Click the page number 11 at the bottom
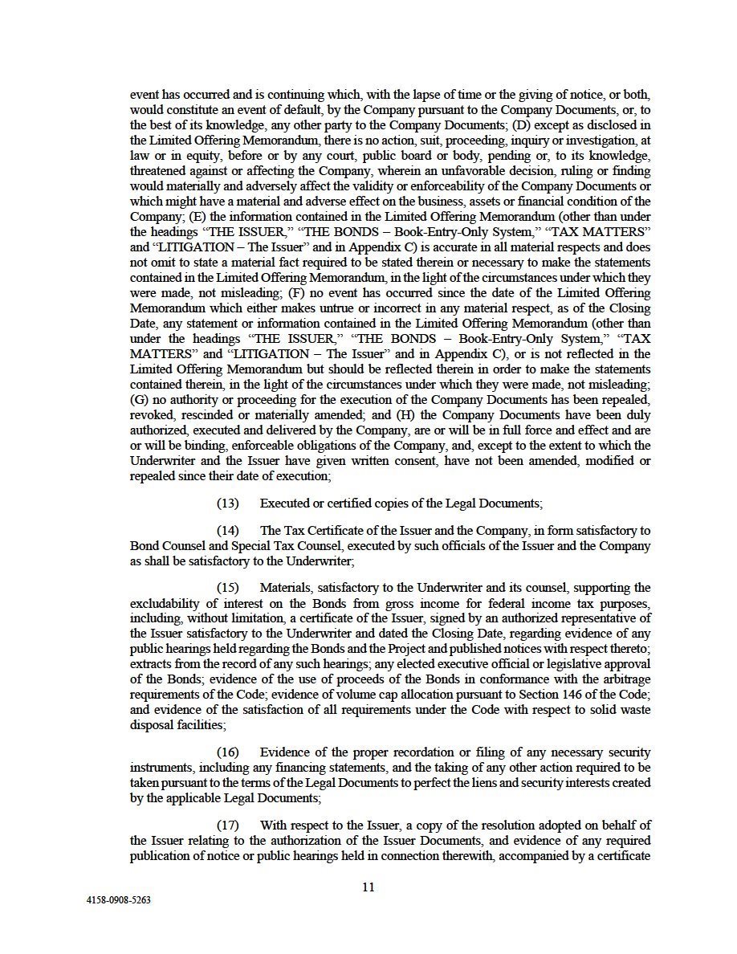coord(368,887)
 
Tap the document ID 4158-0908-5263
coord(118,900)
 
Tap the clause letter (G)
coord(140,399)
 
